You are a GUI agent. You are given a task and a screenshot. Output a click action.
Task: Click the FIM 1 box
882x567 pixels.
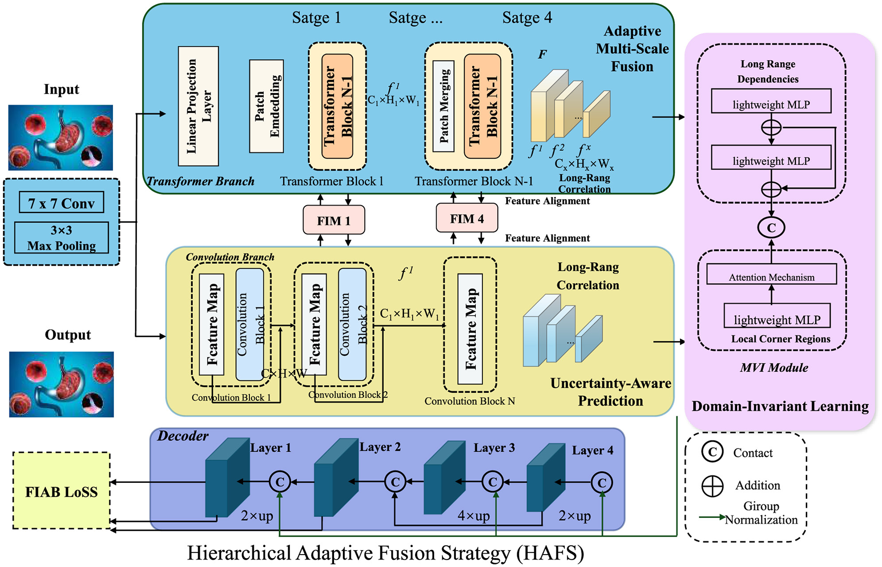(x=333, y=220)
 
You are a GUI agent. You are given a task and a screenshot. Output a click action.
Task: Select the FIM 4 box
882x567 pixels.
(x=466, y=219)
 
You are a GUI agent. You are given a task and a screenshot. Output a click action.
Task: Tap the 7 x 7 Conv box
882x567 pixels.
(x=61, y=203)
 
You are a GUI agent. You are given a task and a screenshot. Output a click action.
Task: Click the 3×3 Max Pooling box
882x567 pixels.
(x=61, y=238)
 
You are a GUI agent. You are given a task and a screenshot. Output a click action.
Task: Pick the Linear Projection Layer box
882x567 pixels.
(x=198, y=106)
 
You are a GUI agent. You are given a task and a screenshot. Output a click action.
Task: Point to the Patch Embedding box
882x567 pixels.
(x=266, y=106)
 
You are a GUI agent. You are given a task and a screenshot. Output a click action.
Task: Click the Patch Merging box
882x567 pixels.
(x=443, y=106)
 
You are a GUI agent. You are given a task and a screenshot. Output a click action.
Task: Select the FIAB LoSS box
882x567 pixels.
(x=61, y=491)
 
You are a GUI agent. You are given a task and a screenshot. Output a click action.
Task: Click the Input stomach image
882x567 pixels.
(x=61, y=137)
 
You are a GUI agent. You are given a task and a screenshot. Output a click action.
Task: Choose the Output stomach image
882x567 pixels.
(x=61, y=384)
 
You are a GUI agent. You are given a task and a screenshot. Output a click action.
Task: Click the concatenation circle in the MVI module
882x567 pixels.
(x=771, y=227)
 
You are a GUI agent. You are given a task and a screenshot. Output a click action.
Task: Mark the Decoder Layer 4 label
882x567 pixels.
(x=592, y=451)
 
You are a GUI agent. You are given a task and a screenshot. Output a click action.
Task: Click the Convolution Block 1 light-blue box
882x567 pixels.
(x=250, y=325)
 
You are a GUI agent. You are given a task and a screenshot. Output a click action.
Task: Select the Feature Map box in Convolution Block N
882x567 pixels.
(x=470, y=329)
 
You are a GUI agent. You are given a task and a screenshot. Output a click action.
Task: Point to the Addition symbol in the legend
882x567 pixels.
(x=712, y=486)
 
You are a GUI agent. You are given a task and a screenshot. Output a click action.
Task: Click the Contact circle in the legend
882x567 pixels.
(x=712, y=452)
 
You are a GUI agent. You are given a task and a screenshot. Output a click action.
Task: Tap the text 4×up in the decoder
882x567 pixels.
(x=473, y=516)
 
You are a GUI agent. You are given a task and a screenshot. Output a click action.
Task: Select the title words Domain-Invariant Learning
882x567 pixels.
(x=780, y=406)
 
